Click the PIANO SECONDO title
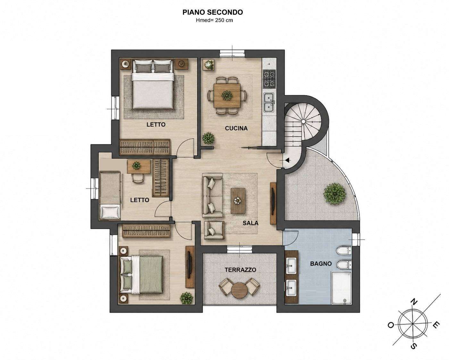[x=212, y=12]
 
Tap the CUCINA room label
[x=236, y=128]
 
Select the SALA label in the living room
[x=250, y=223]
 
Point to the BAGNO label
[x=321, y=264]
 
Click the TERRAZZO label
[x=240, y=270]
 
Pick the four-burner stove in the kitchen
[x=269, y=79]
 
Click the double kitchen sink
[x=269, y=103]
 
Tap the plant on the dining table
[x=227, y=96]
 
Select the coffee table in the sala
[x=238, y=201]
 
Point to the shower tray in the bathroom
[x=341, y=288]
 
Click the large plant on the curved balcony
[x=335, y=194]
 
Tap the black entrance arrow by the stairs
[x=288, y=160]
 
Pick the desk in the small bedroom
[x=139, y=166]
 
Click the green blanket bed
[x=141, y=275]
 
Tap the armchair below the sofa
[x=214, y=230]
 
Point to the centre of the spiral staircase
[x=303, y=121]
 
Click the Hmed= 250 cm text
[x=214, y=20]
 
